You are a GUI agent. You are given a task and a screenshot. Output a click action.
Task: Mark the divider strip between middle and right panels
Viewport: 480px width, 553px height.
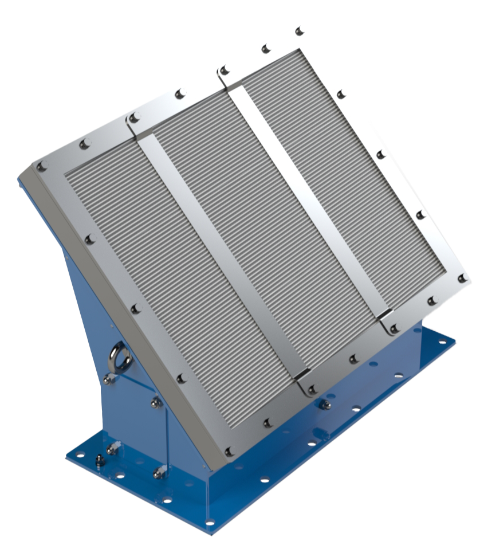[x=309, y=201]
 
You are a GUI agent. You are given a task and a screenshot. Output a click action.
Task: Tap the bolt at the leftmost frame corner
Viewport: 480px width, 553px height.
[x=41, y=167]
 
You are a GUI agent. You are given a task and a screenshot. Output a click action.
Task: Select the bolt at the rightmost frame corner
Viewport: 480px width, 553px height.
[x=462, y=279]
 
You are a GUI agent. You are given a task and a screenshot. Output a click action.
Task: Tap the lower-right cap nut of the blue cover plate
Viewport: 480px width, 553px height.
[x=159, y=473]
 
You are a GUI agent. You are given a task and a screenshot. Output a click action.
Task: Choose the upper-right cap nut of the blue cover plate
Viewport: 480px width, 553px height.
[x=156, y=403]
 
